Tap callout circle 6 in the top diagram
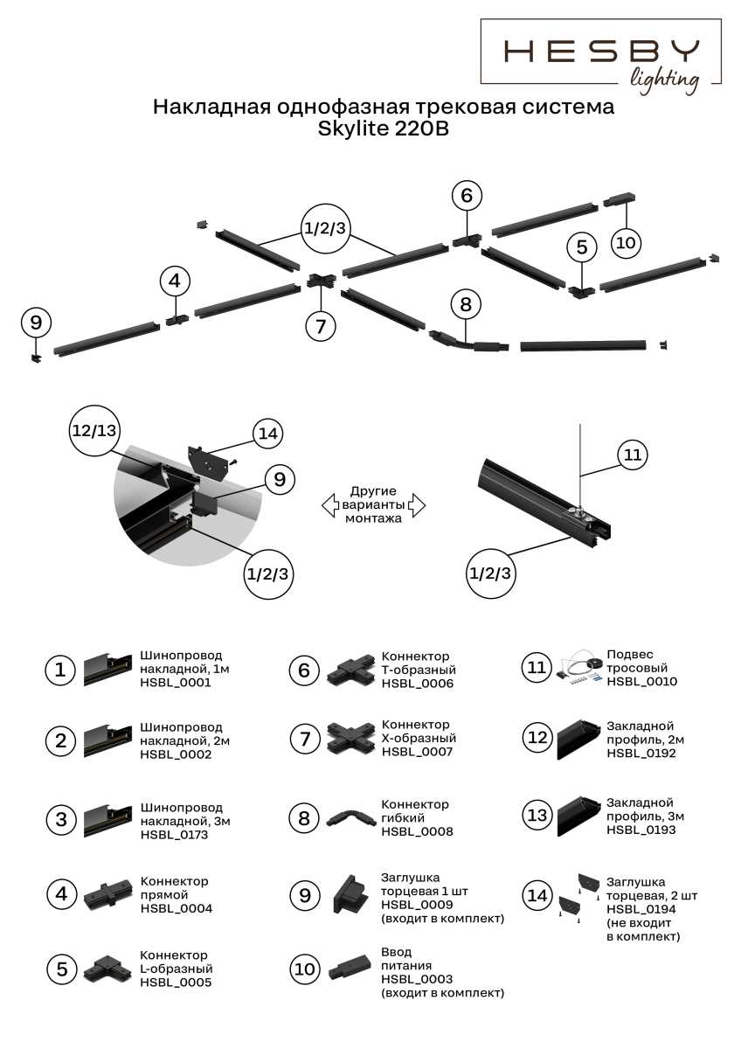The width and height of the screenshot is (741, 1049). point(467,196)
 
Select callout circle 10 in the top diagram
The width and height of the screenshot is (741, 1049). point(626,242)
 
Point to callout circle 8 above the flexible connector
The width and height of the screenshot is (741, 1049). point(466,304)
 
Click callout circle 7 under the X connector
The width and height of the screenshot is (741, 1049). point(321,326)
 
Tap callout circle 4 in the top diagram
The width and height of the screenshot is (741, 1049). point(175,281)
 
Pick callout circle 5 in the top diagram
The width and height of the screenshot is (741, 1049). point(582,247)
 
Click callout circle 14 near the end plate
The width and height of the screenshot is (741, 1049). point(268,433)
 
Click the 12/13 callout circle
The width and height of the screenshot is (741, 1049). point(94,430)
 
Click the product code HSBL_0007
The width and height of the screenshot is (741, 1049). point(417,751)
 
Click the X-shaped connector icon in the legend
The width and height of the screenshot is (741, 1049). point(351,738)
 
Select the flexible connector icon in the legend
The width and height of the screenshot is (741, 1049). point(350,817)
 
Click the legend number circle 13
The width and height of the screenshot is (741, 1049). point(536,816)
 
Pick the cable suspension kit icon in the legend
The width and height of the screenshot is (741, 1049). point(578,668)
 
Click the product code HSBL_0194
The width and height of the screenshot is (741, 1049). point(635,910)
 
